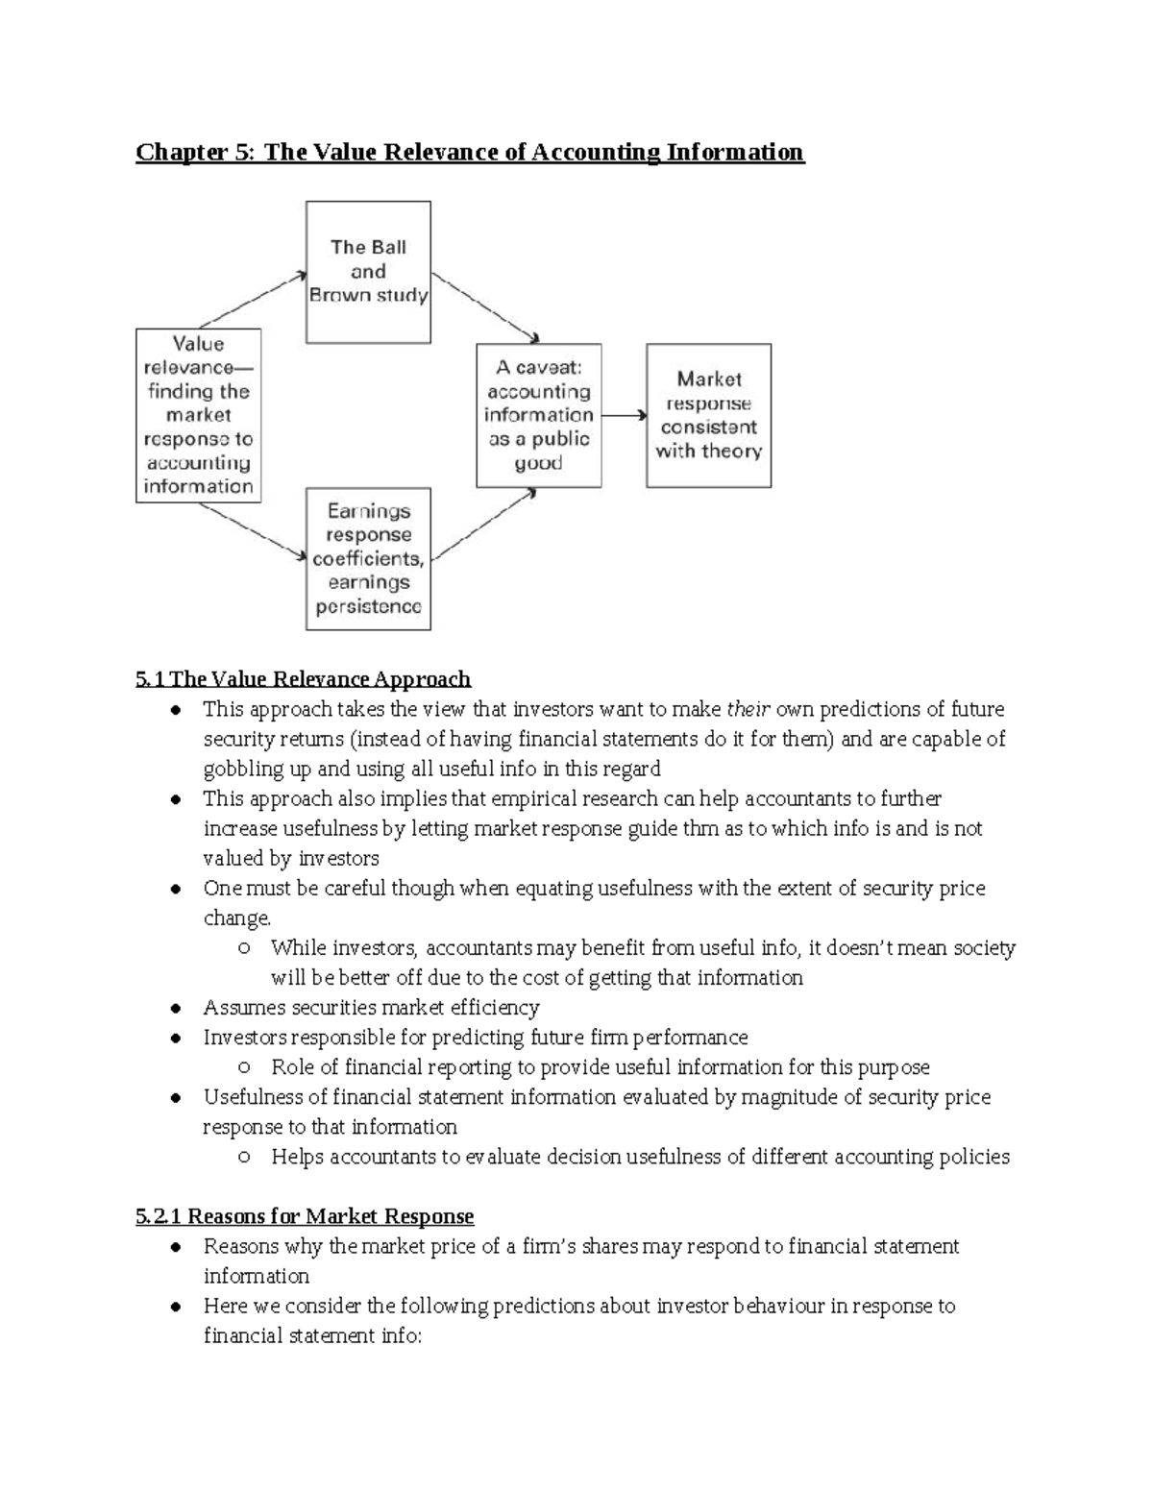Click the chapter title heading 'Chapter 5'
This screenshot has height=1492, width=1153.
click(x=469, y=152)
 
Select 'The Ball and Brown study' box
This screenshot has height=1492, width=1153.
click(x=368, y=272)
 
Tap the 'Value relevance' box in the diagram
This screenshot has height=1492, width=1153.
click(x=198, y=415)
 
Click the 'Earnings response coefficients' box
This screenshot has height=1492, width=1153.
click(x=368, y=558)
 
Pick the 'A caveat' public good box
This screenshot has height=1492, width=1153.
click(x=539, y=415)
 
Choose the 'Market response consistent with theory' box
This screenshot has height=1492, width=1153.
click(x=708, y=415)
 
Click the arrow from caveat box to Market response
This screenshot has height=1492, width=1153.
click(x=624, y=415)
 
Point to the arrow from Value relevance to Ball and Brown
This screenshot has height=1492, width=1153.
click(x=252, y=300)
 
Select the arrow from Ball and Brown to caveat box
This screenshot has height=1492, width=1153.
click(x=484, y=308)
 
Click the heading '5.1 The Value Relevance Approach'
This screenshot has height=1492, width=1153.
click(x=303, y=679)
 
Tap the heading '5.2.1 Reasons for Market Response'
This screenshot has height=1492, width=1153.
click(x=305, y=1216)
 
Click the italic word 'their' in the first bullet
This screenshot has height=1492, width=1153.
click(x=748, y=709)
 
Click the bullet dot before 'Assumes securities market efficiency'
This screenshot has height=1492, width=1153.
click(x=175, y=1008)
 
